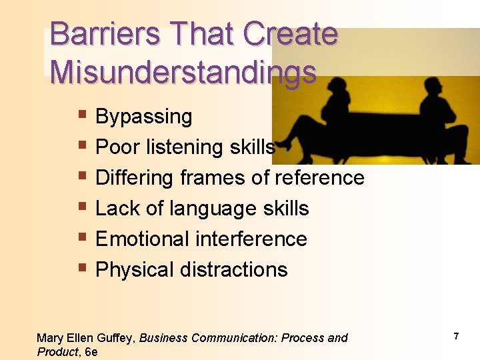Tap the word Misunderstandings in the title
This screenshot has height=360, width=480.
pyautogui.click(x=183, y=71)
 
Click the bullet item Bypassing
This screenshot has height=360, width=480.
pyautogui.click(x=143, y=117)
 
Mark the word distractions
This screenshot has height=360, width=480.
pyautogui.click(x=234, y=270)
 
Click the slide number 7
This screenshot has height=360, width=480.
pyautogui.click(x=456, y=337)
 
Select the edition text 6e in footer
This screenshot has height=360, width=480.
pyautogui.click(x=91, y=351)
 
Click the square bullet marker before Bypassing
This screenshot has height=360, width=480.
pyautogui.click(x=82, y=116)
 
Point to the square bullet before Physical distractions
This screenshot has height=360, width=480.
pyautogui.click(x=82, y=269)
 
